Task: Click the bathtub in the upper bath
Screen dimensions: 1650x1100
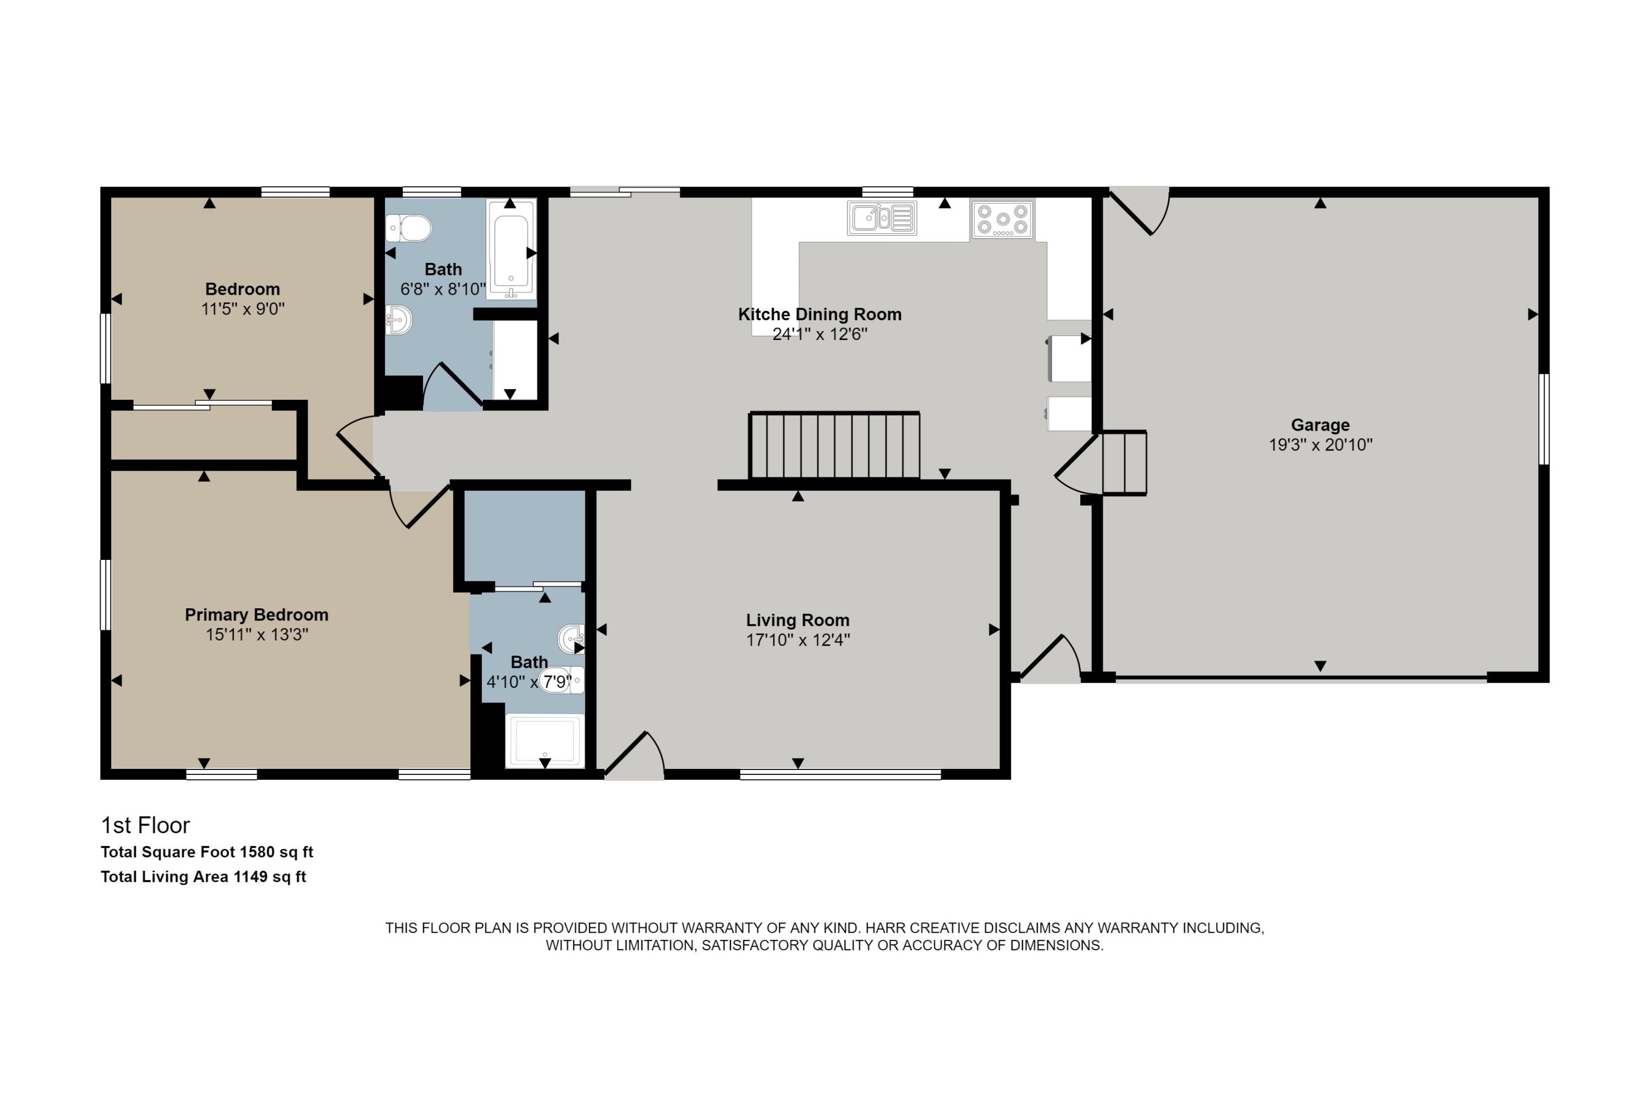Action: [x=512, y=249]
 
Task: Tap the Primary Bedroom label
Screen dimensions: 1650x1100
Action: [x=256, y=614]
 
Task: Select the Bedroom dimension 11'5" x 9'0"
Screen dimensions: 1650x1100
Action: [x=243, y=309]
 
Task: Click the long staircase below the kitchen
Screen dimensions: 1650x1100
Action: [x=834, y=446]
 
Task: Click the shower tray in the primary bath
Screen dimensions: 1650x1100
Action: [x=544, y=741]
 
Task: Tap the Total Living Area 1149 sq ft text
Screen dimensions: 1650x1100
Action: [x=204, y=876]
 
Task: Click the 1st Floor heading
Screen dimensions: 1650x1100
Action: [x=145, y=825]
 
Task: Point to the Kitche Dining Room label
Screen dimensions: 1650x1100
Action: [x=820, y=314]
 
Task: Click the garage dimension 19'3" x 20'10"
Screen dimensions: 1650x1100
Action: [x=1321, y=445]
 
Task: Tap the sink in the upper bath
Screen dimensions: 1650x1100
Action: [x=398, y=321]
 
